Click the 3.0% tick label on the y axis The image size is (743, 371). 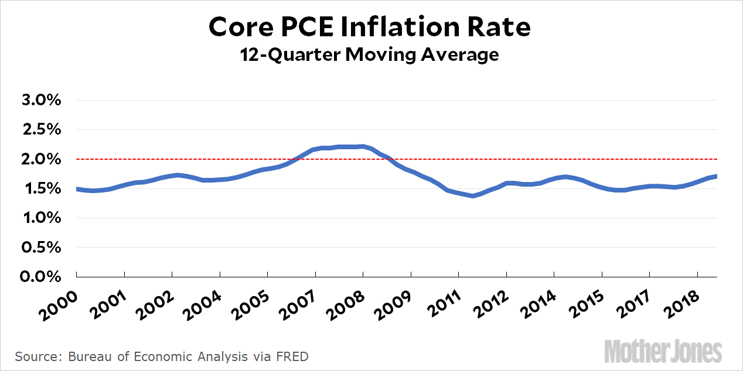42,99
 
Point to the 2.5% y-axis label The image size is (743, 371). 42,129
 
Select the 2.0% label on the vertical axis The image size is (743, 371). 42,159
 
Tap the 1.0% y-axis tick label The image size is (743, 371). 42,218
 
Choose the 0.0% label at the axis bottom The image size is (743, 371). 42,276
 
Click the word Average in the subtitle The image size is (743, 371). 462,54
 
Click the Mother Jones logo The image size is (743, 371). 663,351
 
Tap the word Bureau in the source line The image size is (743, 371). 87,356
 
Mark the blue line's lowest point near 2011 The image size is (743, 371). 472,196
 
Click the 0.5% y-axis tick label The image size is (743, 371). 42,247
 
